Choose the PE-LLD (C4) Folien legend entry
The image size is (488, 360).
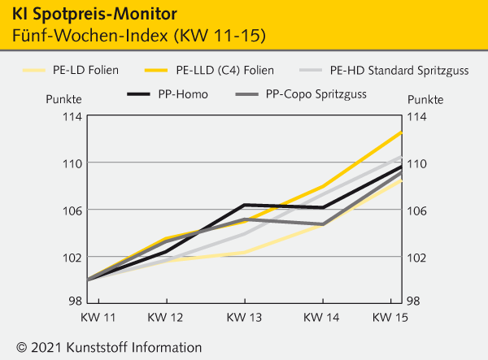click(x=224, y=70)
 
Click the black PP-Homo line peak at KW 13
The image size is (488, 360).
click(x=244, y=205)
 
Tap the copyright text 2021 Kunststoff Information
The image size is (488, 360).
click(x=108, y=347)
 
